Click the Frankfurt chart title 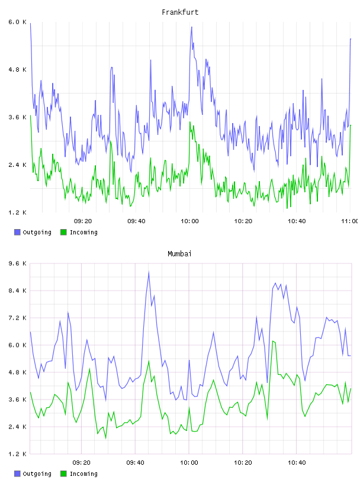click(180, 12)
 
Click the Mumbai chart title click(179, 254)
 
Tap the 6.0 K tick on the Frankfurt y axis click(18, 22)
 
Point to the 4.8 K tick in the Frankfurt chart click(18, 70)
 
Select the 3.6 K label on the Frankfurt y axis click(18, 117)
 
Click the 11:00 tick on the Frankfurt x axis click(350, 221)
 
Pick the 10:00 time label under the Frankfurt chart click(190, 221)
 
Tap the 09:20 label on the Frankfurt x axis click(83, 221)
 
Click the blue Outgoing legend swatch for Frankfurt click(17, 232)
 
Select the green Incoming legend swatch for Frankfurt click(63, 232)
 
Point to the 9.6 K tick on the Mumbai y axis click(18, 263)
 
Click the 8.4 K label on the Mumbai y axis click(18, 291)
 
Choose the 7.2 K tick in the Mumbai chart click(18, 318)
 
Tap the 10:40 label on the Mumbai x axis click(297, 463)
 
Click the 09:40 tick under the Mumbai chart click(136, 463)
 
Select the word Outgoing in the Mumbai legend click(37, 474)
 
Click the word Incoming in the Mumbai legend click(83, 474)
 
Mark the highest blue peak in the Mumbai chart click(149, 272)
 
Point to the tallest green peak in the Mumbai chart click(273, 341)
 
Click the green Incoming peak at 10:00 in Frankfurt click(190, 123)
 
